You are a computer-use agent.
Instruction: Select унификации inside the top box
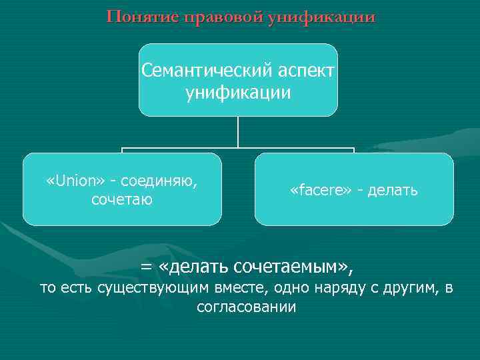[x=238, y=93]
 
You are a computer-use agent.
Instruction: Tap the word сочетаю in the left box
[x=122, y=199]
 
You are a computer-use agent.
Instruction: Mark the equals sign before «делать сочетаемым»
[x=146, y=267]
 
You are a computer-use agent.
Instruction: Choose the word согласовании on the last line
[x=246, y=307]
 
